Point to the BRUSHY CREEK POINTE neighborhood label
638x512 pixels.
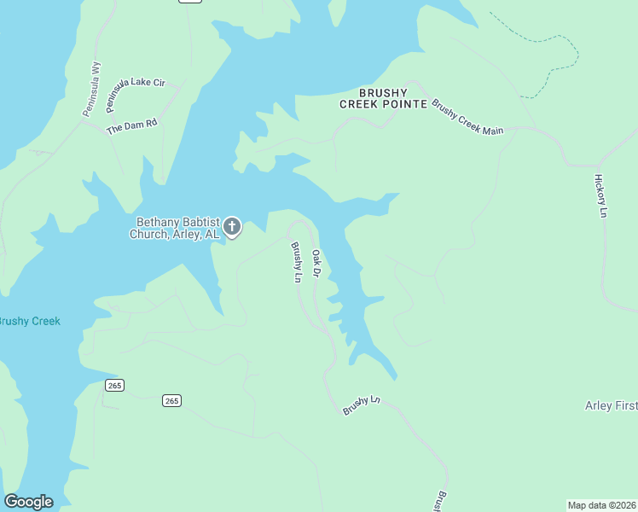click(x=380, y=98)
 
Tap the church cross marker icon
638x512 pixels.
click(x=232, y=227)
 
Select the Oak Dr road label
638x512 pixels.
click(x=315, y=263)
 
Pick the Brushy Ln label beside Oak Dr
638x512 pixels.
click(x=296, y=263)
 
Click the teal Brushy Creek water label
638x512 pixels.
click(x=28, y=321)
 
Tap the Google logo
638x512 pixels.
click(x=28, y=502)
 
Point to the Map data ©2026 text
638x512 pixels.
click(x=601, y=505)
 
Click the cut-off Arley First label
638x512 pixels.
click(x=611, y=405)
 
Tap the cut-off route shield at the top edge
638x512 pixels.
click(x=190, y=2)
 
